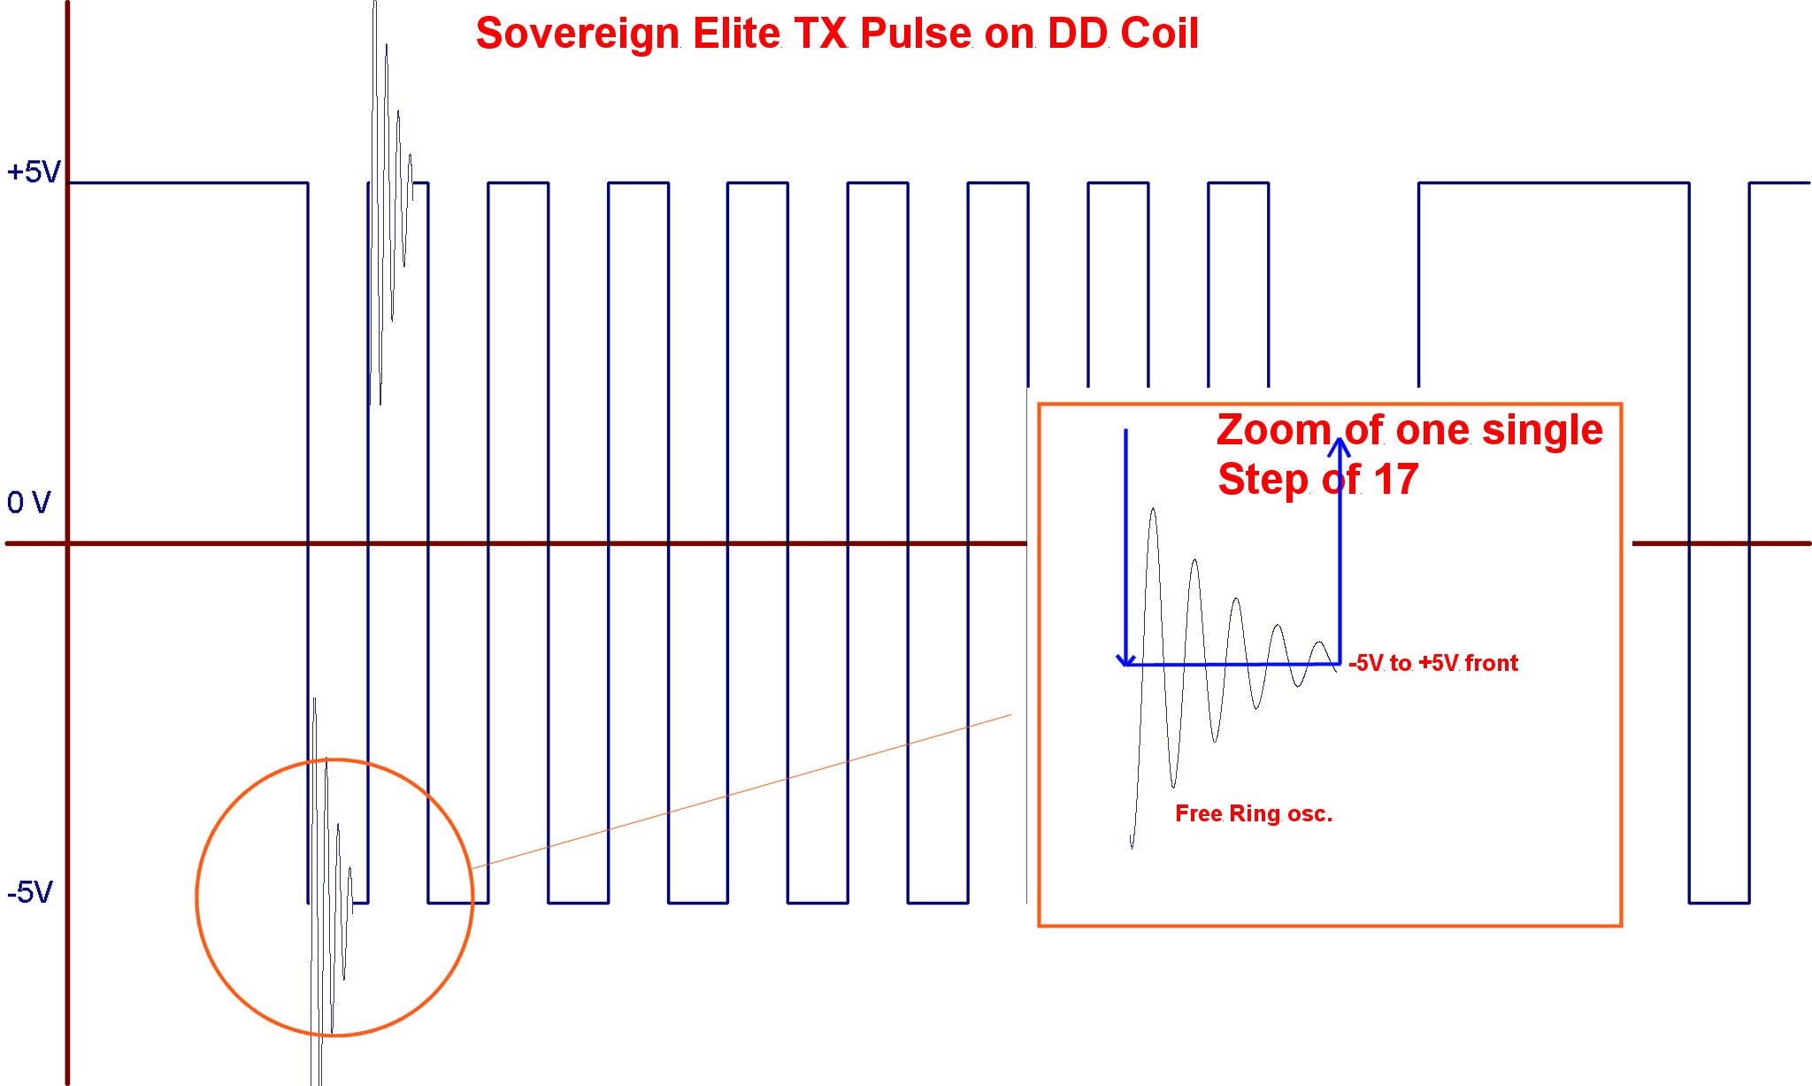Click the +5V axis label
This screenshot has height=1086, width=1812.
click(x=34, y=172)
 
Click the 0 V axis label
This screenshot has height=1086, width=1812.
click(x=29, y=503)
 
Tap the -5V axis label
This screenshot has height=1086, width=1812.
click(x=30, y=892)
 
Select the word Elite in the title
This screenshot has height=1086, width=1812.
click(x=736, y=34)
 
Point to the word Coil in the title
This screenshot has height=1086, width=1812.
click(x=1160, y=34)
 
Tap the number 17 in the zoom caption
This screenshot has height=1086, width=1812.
click(x=1396, y=480)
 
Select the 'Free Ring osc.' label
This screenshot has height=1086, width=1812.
click(x=1254, y=813)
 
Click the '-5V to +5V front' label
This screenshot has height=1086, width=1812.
click(x=1433, y=663)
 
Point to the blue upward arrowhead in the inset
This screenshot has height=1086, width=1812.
click(x=1340, y=447)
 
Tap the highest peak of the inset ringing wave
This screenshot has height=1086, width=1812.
click(x=1153, y=509)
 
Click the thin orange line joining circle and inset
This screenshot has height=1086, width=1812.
click(x=741, y=791)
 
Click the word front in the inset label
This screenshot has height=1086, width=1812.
click(x=1492, y=663)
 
